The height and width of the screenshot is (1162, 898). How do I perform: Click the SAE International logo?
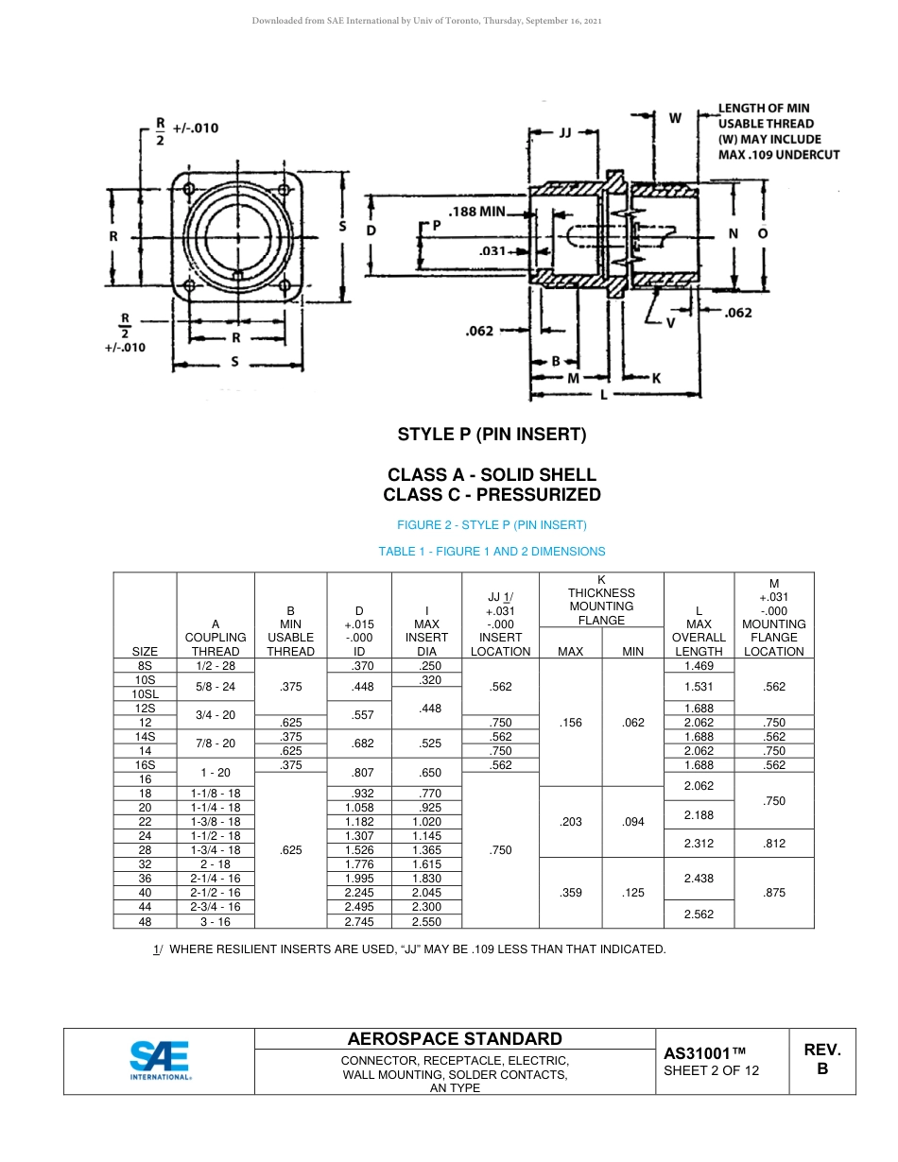160,1061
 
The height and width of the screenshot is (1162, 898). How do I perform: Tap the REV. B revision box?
821,1060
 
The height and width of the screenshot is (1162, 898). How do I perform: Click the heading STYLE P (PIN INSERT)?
492,435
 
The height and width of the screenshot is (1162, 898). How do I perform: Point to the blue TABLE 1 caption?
492,552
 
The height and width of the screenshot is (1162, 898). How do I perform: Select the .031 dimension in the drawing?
492,251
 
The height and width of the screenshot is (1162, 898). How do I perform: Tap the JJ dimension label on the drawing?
564,133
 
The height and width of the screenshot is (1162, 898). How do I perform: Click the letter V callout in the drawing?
670,322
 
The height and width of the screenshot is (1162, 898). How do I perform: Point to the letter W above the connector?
675,118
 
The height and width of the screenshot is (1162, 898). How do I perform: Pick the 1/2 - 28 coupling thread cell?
216,666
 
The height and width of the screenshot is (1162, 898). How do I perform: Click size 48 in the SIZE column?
145,921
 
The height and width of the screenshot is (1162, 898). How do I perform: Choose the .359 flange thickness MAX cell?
570,893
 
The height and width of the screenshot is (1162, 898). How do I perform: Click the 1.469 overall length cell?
699,666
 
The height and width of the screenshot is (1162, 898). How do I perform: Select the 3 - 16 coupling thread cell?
216,921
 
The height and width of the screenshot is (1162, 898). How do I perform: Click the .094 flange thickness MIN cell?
633,822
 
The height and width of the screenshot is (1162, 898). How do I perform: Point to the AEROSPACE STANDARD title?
455,1039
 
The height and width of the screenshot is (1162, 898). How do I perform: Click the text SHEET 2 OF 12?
711,1070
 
